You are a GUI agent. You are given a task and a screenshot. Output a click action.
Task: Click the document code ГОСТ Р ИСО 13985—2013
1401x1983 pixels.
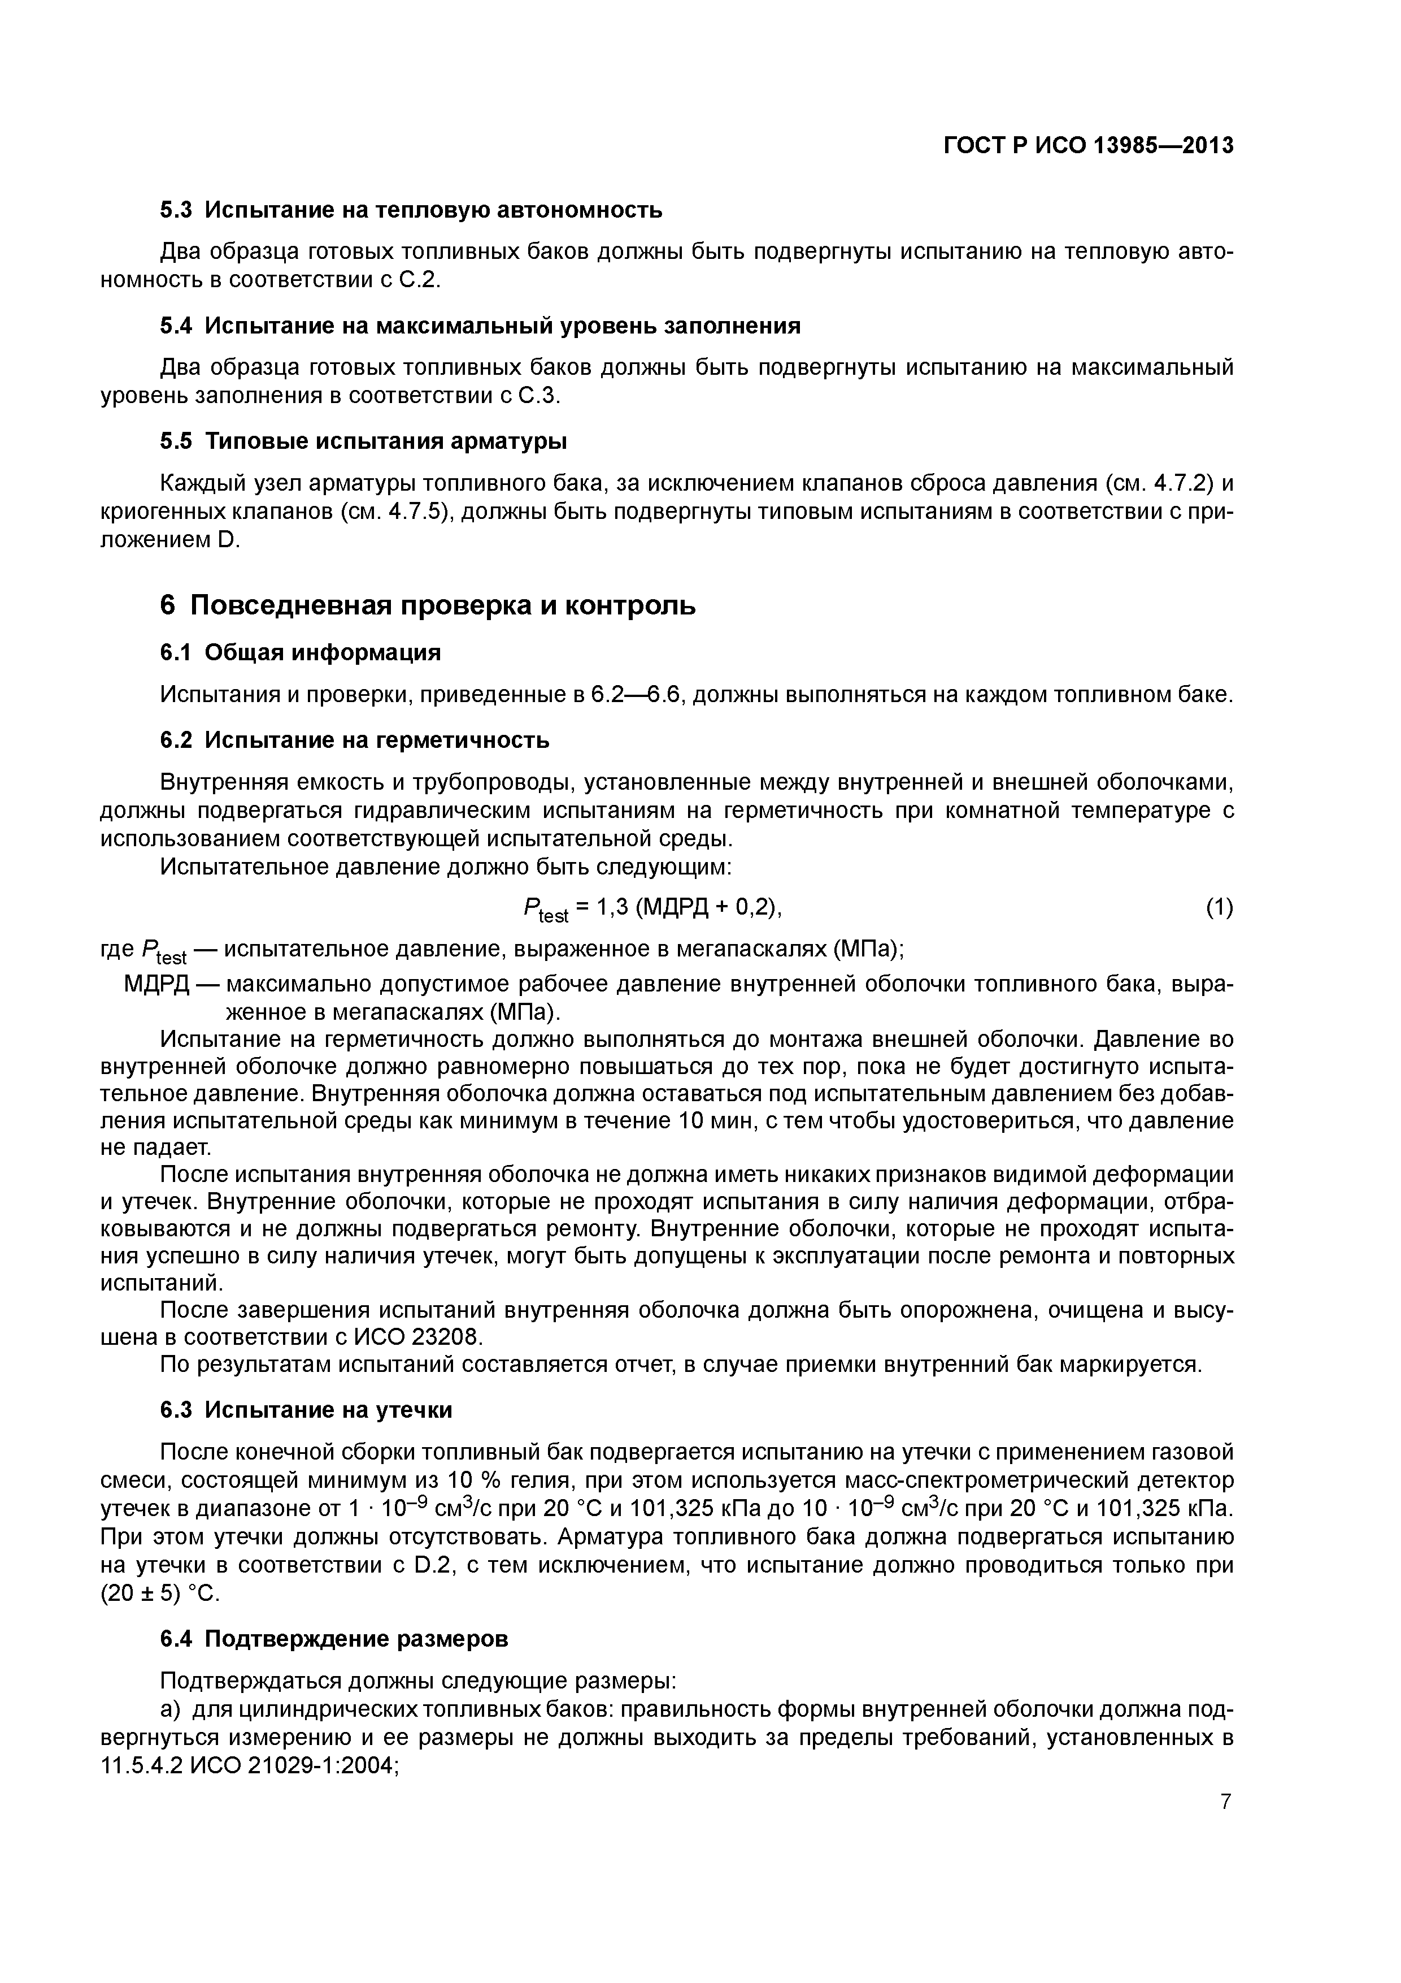pyautogui.click(x=1087, y=146)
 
